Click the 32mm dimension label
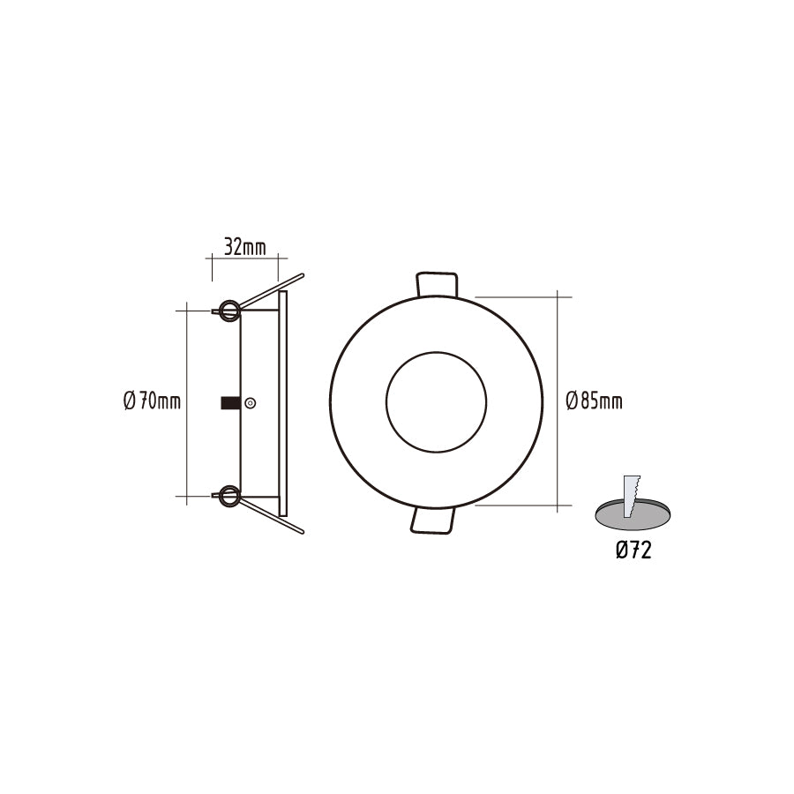pos(244,247)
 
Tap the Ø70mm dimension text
pos(152,402)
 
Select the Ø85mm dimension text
pos(593,402)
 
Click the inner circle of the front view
pos(435,401)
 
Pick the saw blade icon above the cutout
pos(630,496)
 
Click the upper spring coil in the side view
pos(229,309)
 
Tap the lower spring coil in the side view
pos(229,496)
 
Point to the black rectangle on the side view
pos(230,403)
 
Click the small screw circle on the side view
pos(250,403)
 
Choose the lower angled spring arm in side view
pos(273,516)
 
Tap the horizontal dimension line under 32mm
pos(244,258)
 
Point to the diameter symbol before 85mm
pos(572,402)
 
